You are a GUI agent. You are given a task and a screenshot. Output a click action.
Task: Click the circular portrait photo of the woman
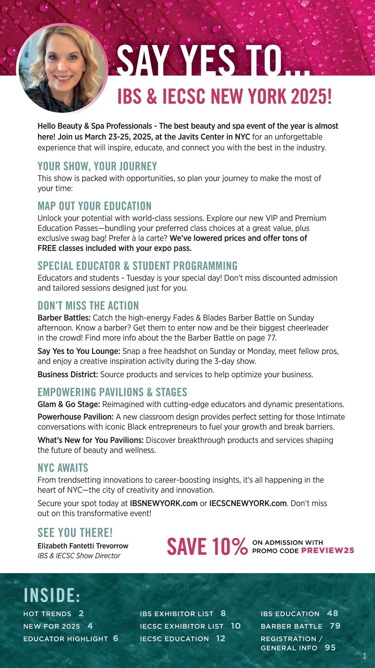(62, 68)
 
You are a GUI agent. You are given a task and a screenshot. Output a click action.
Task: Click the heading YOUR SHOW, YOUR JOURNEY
(97, 166)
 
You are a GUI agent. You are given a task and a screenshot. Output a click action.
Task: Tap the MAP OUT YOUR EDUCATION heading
(94, 206)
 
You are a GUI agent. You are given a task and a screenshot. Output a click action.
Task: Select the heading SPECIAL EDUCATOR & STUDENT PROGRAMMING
(137, 266)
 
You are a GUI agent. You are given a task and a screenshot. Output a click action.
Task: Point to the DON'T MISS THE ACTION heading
(88, 306)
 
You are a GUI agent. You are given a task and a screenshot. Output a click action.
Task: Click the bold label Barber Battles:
(64, 318)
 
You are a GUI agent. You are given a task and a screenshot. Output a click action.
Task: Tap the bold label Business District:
(68, 374)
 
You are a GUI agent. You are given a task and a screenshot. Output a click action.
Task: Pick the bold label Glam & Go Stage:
(69, 404)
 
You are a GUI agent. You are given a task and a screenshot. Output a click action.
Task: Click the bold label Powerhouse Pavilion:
(76, 417)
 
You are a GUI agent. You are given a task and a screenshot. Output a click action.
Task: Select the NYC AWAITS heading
(63, 468)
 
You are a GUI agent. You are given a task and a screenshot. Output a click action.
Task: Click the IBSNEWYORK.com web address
(164, 503)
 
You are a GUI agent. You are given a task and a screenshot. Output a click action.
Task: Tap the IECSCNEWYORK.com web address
(248, 503)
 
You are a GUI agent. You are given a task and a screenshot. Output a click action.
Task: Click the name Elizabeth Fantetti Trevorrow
(83, 546)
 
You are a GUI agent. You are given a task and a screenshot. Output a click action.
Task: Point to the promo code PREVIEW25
(327, 550)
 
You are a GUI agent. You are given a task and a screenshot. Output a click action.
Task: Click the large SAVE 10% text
(207, 547)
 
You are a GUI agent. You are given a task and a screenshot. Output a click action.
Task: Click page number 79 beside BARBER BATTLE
(335, 626)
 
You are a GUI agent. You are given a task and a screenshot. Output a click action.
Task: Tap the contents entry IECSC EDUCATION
(174, 639)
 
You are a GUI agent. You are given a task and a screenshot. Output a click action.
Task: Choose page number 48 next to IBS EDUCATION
(332, 613)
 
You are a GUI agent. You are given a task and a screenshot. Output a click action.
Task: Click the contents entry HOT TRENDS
(47, 614)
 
